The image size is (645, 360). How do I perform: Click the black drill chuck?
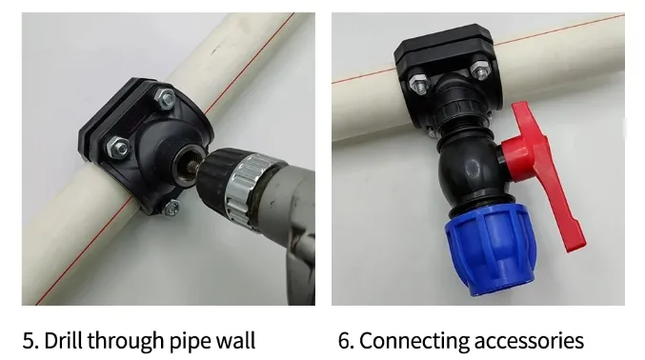tap(214, 172)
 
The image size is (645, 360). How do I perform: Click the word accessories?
tap(529, 342)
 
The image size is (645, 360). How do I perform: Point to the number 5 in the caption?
tap(29, 341)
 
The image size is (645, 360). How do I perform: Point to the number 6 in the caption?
tap(344, 341)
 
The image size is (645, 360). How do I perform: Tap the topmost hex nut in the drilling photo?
tap(166, 99)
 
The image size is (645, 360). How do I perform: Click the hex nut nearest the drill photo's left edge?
tap(118, 148)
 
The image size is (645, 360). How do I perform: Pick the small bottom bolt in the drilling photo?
tap(171, 208)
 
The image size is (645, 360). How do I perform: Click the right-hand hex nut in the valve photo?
tap(479, 70)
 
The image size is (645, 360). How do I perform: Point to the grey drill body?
tap(288, 230)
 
